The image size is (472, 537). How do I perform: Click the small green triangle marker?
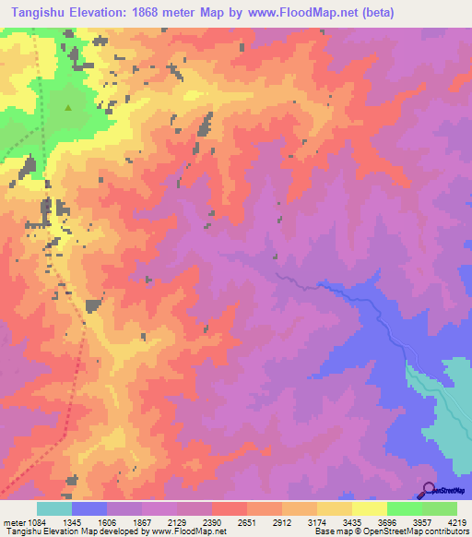[x=67, y=107]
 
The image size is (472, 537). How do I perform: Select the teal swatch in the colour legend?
[x=53, y=509]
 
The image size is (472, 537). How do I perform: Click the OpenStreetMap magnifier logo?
[x=429, y=489]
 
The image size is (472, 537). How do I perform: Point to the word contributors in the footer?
[x=446, y=531]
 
